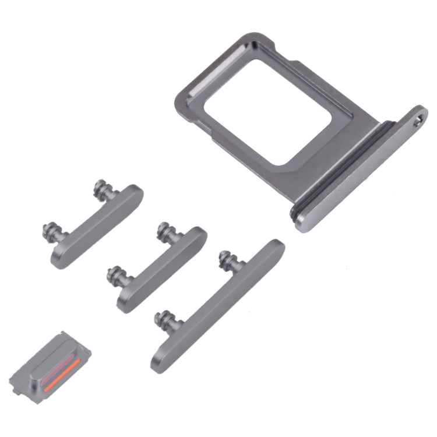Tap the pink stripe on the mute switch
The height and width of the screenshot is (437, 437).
tap(58, 363)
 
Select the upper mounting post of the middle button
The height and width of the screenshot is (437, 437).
tap(165, 232)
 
